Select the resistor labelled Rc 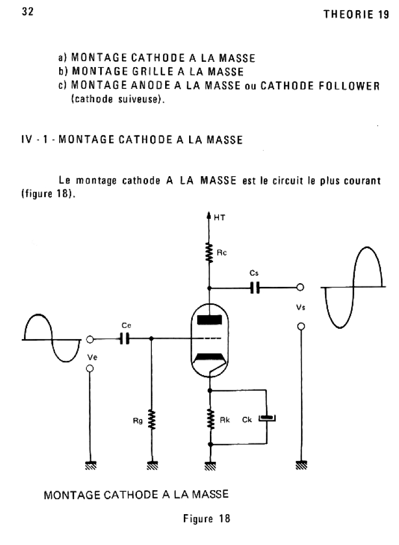pyautogui.click(x=211, y=250)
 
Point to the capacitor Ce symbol pyautogui.click(x=125, y=338)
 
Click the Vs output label pyautogui.click(x=300, y=307)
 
